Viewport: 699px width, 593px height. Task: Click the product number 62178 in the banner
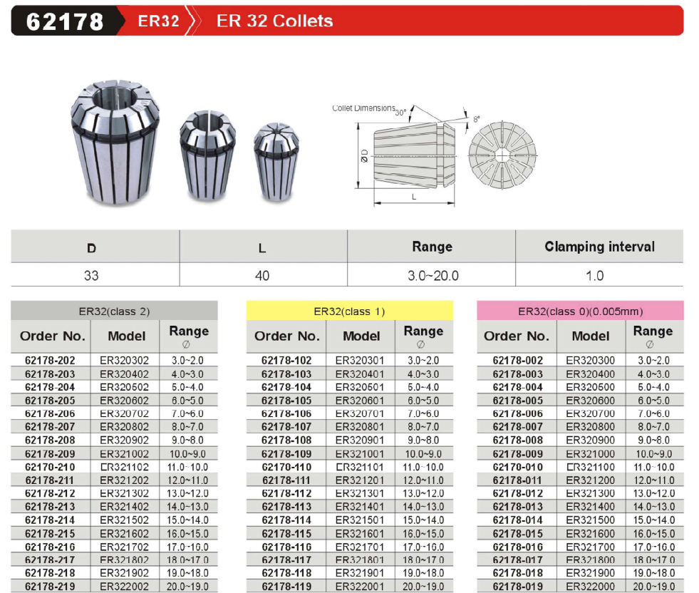tap(65, 21)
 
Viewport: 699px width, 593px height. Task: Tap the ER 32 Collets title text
tap(274, 21)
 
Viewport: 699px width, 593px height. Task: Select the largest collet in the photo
tap(115, 143)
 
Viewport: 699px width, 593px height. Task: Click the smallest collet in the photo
tap(276, 161)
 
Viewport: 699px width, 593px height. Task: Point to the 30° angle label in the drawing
tap(400, 113)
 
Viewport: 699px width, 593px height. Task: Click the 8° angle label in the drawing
tap(477, 119)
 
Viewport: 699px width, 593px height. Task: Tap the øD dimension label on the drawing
tap(365, 155)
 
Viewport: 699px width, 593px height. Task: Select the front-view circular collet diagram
tap(502, 155)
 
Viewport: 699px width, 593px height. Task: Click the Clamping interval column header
tap(599, 247)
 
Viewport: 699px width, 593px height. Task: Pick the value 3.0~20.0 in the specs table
tap(433, 276)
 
